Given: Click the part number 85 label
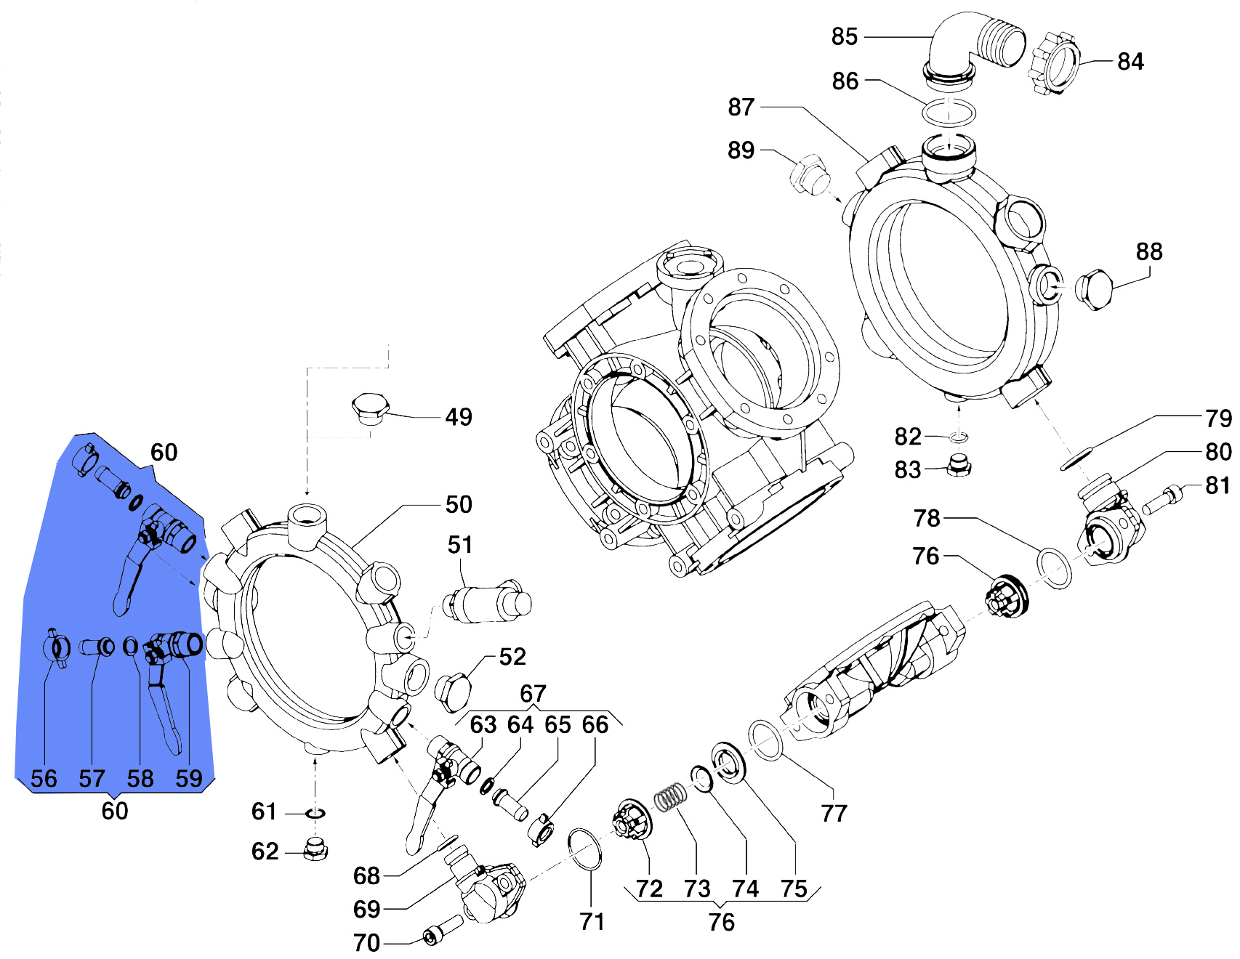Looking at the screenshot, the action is (845, 36).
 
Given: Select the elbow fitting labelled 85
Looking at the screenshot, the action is (973, 45).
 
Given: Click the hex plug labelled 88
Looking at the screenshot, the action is (1094, 290).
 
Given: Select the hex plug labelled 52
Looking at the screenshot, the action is (454, 689).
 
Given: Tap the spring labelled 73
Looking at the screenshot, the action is (669, 797).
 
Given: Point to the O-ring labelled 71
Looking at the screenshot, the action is (585, 849).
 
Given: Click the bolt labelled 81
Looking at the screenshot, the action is (1161, 499).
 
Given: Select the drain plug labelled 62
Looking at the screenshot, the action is (315, 849).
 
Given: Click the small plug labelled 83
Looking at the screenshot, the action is (959, 465).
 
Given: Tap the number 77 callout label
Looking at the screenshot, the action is (834, 813).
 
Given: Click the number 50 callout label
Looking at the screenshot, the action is (459, 504).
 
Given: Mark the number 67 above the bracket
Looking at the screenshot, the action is (533, 694).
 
